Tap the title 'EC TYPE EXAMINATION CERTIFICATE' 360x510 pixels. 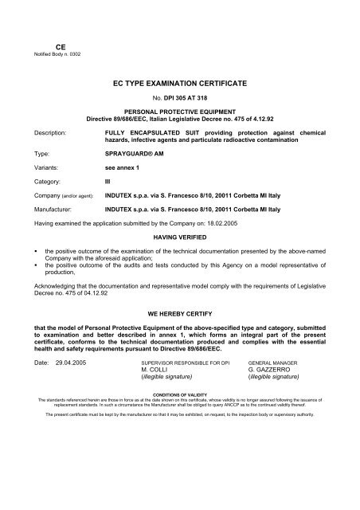(x=179, y=82)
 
